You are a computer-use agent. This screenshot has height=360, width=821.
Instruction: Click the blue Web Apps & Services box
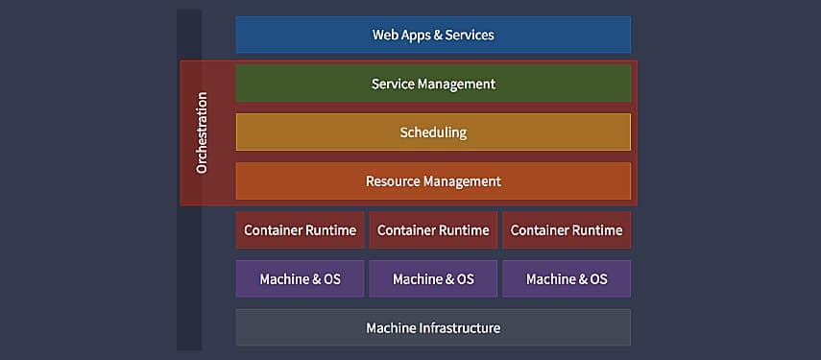(x=433, y=35)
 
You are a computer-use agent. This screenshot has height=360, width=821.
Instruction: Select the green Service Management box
(x=433, y=84)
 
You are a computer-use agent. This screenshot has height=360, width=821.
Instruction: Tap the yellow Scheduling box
(x=433, y=132)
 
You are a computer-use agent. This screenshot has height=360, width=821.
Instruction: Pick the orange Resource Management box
(x=433, y=180)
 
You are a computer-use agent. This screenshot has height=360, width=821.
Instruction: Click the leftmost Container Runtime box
(x=300, y=230)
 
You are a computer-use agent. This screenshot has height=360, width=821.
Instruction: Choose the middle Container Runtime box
(x=433, y=230)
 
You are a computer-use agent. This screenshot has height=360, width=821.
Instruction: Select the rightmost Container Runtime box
(x=566, y=230)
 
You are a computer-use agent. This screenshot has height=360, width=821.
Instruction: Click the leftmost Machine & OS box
(x=300, y=279)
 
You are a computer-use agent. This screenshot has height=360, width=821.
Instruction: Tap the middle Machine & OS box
(x=433, y=279)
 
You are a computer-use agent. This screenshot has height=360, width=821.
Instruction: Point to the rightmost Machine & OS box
(x=566, y=279)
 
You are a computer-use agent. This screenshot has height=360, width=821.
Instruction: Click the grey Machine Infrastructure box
(x=433, y=328)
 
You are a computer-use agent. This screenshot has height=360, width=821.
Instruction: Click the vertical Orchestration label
(x=202, y=132)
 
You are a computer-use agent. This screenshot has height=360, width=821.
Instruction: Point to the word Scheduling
(x=433, y=132)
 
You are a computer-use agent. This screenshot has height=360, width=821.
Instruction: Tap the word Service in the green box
(x=394, y=84)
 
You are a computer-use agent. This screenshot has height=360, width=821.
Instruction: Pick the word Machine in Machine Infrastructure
(x=392, y=328)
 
